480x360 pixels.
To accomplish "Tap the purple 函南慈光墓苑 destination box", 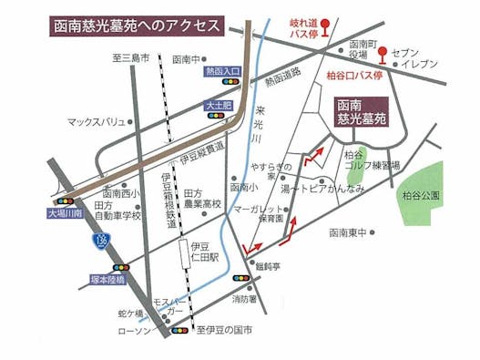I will coord(361,112).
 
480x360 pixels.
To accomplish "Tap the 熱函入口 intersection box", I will coord(222,70).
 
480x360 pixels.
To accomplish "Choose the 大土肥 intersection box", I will coord(220,107).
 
